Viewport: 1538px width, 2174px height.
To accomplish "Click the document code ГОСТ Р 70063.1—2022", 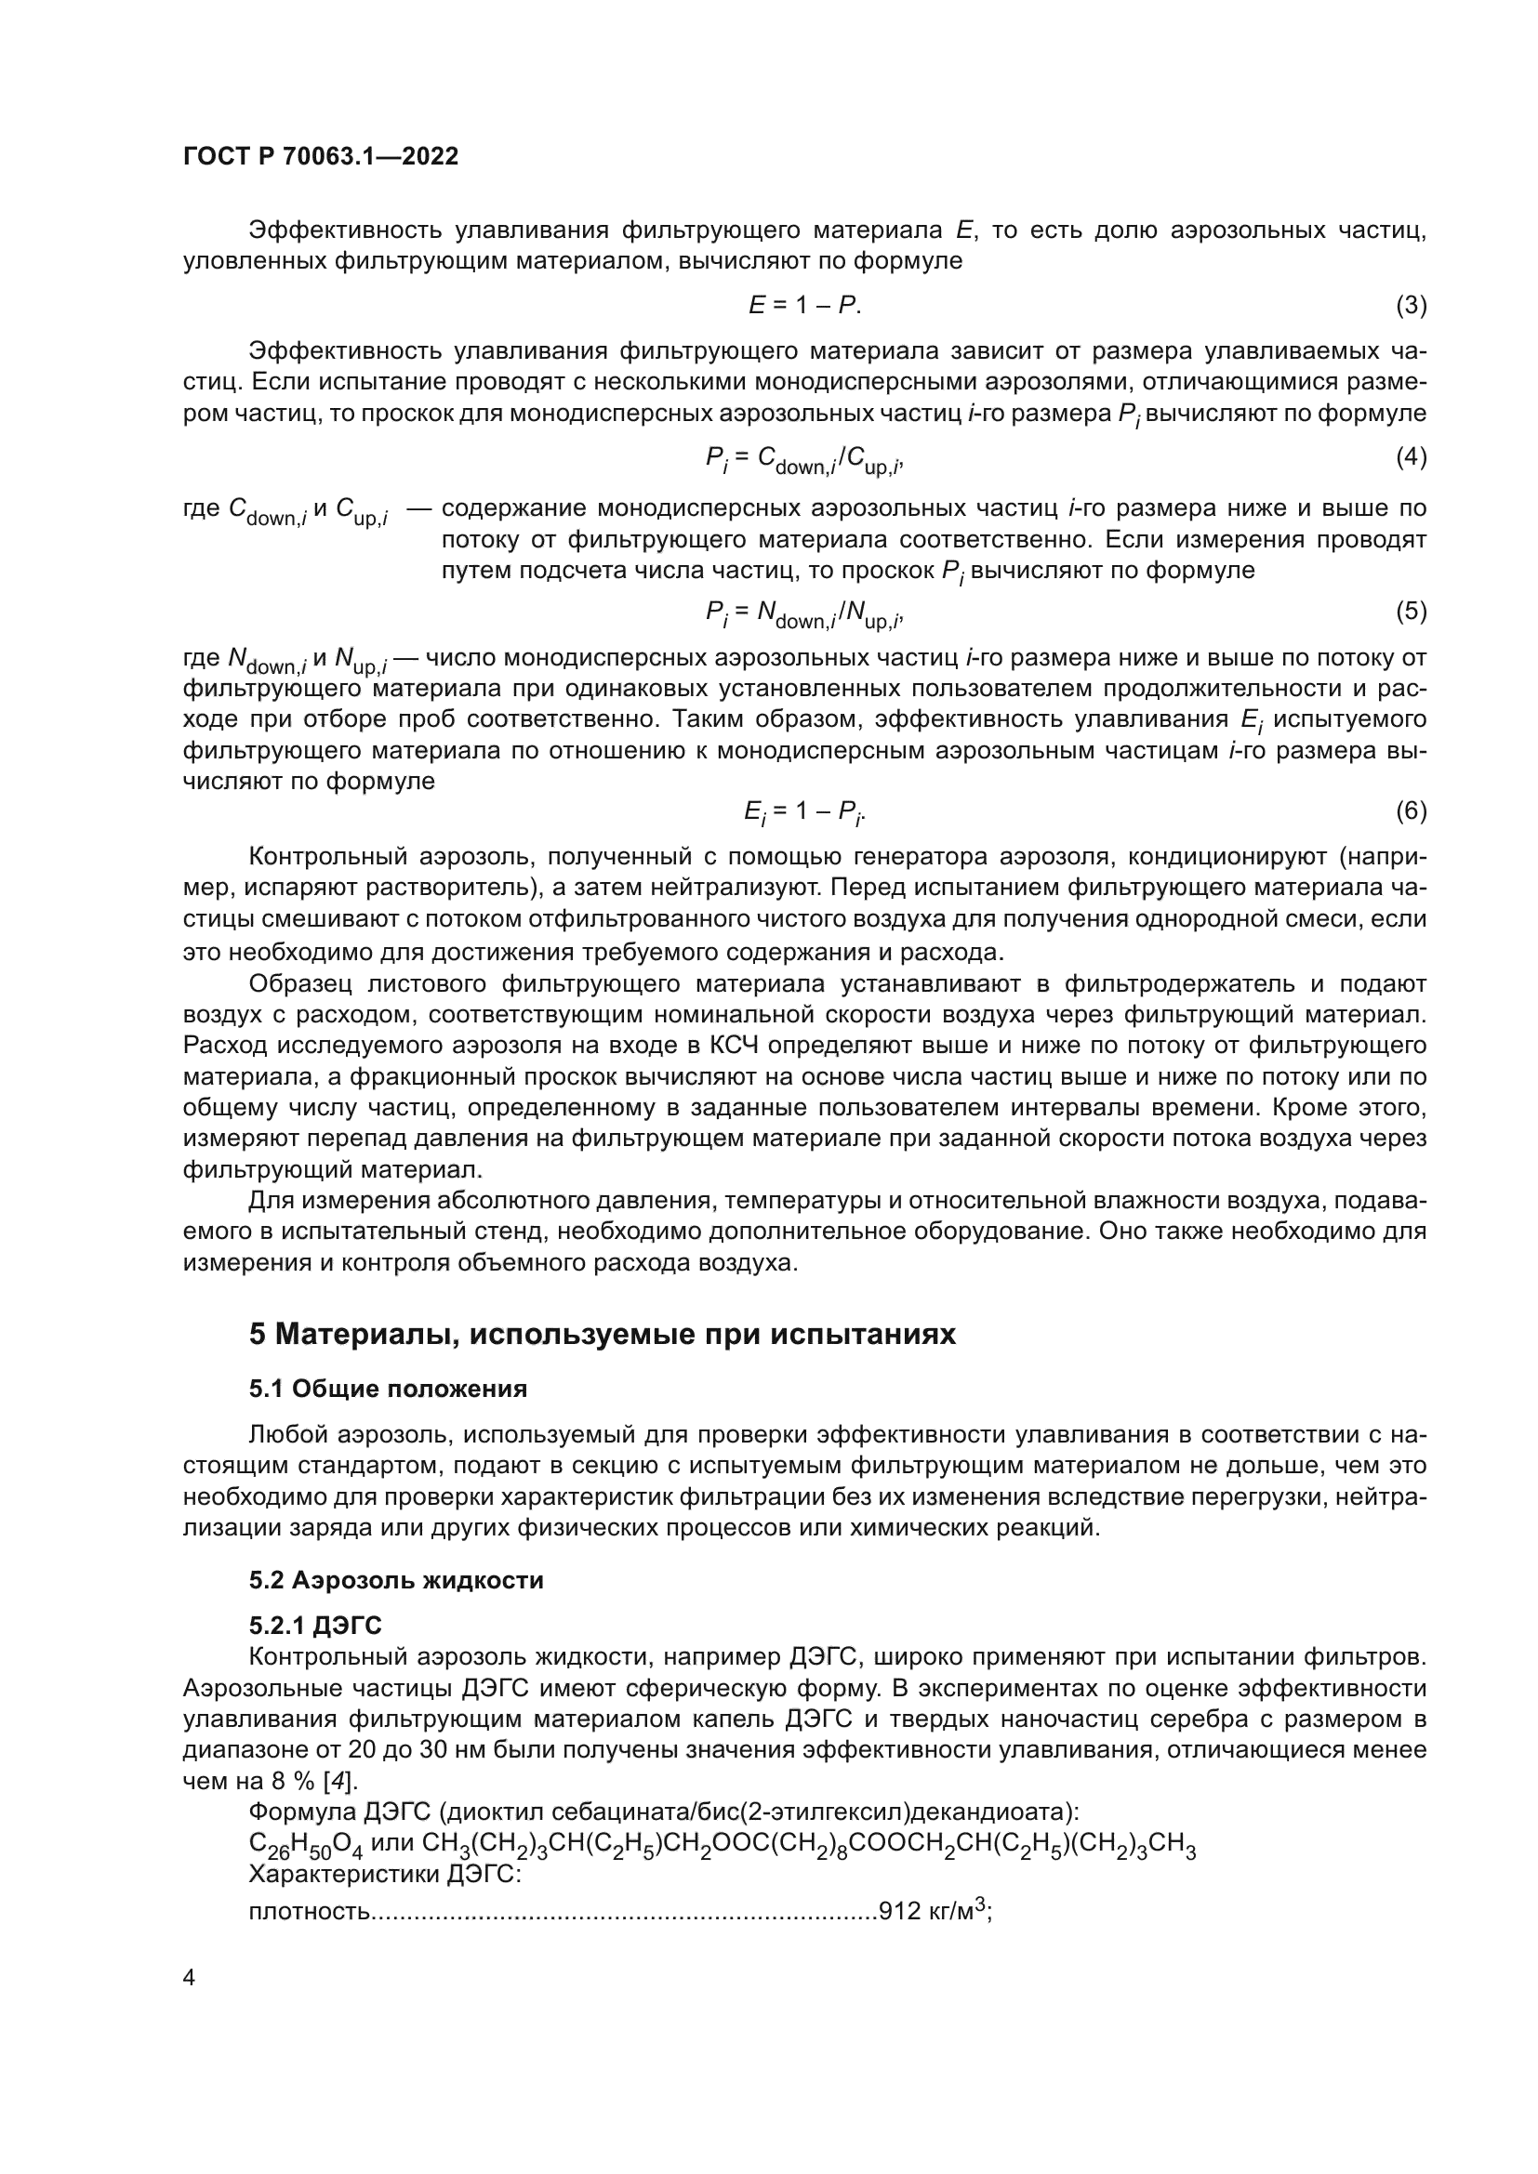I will tap(320, 157).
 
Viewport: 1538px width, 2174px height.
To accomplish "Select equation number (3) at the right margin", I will tap(1411, 305).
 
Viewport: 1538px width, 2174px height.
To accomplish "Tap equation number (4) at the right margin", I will tap(1411, 457).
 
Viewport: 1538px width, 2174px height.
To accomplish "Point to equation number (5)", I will tap(1411, 611).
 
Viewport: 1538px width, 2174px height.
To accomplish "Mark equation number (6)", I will tap(1411, 810).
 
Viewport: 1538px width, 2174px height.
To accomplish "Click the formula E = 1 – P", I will tap(804, 305).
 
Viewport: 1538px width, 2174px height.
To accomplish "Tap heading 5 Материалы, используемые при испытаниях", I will tap(603, 1334).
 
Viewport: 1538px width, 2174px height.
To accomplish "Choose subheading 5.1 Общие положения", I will tap(389, 1389).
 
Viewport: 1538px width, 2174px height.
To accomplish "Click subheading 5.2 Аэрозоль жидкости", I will tap(396, 1580).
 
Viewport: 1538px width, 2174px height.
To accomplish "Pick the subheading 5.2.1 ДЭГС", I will tap(315, 1626).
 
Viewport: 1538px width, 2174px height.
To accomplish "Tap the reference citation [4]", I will tap(339, 1781).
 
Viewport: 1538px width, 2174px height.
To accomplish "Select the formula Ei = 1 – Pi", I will tap(804, 812).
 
